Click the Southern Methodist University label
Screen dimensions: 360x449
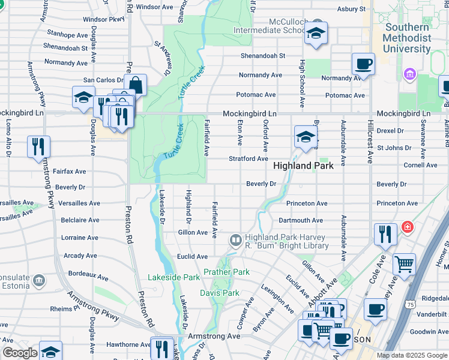click(x=408, y=37)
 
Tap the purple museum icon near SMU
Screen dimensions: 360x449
click(x=411, y=74)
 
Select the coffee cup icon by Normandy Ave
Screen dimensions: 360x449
click(x=364, y=64)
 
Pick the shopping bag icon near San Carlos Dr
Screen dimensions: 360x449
click(x=136, y=85)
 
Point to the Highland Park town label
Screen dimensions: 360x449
click(x=303, y=165)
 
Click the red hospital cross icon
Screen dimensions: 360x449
click(x=408, y=227)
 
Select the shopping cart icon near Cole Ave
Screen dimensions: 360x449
click(x=404, y=263)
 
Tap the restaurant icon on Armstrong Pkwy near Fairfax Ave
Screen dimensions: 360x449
click(x=38, y=146)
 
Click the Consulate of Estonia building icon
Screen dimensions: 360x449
click(x=39, y=280)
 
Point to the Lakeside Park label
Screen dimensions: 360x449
click(x=174, y=277)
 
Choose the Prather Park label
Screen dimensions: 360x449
click(x=226, y=272)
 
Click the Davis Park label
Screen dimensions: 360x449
click(x=219, y=293)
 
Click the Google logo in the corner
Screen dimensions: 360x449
click(x=20, y=353)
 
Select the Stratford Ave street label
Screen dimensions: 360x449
click(x=248, y=159)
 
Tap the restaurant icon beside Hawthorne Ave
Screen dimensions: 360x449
click(x=161, y=347)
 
